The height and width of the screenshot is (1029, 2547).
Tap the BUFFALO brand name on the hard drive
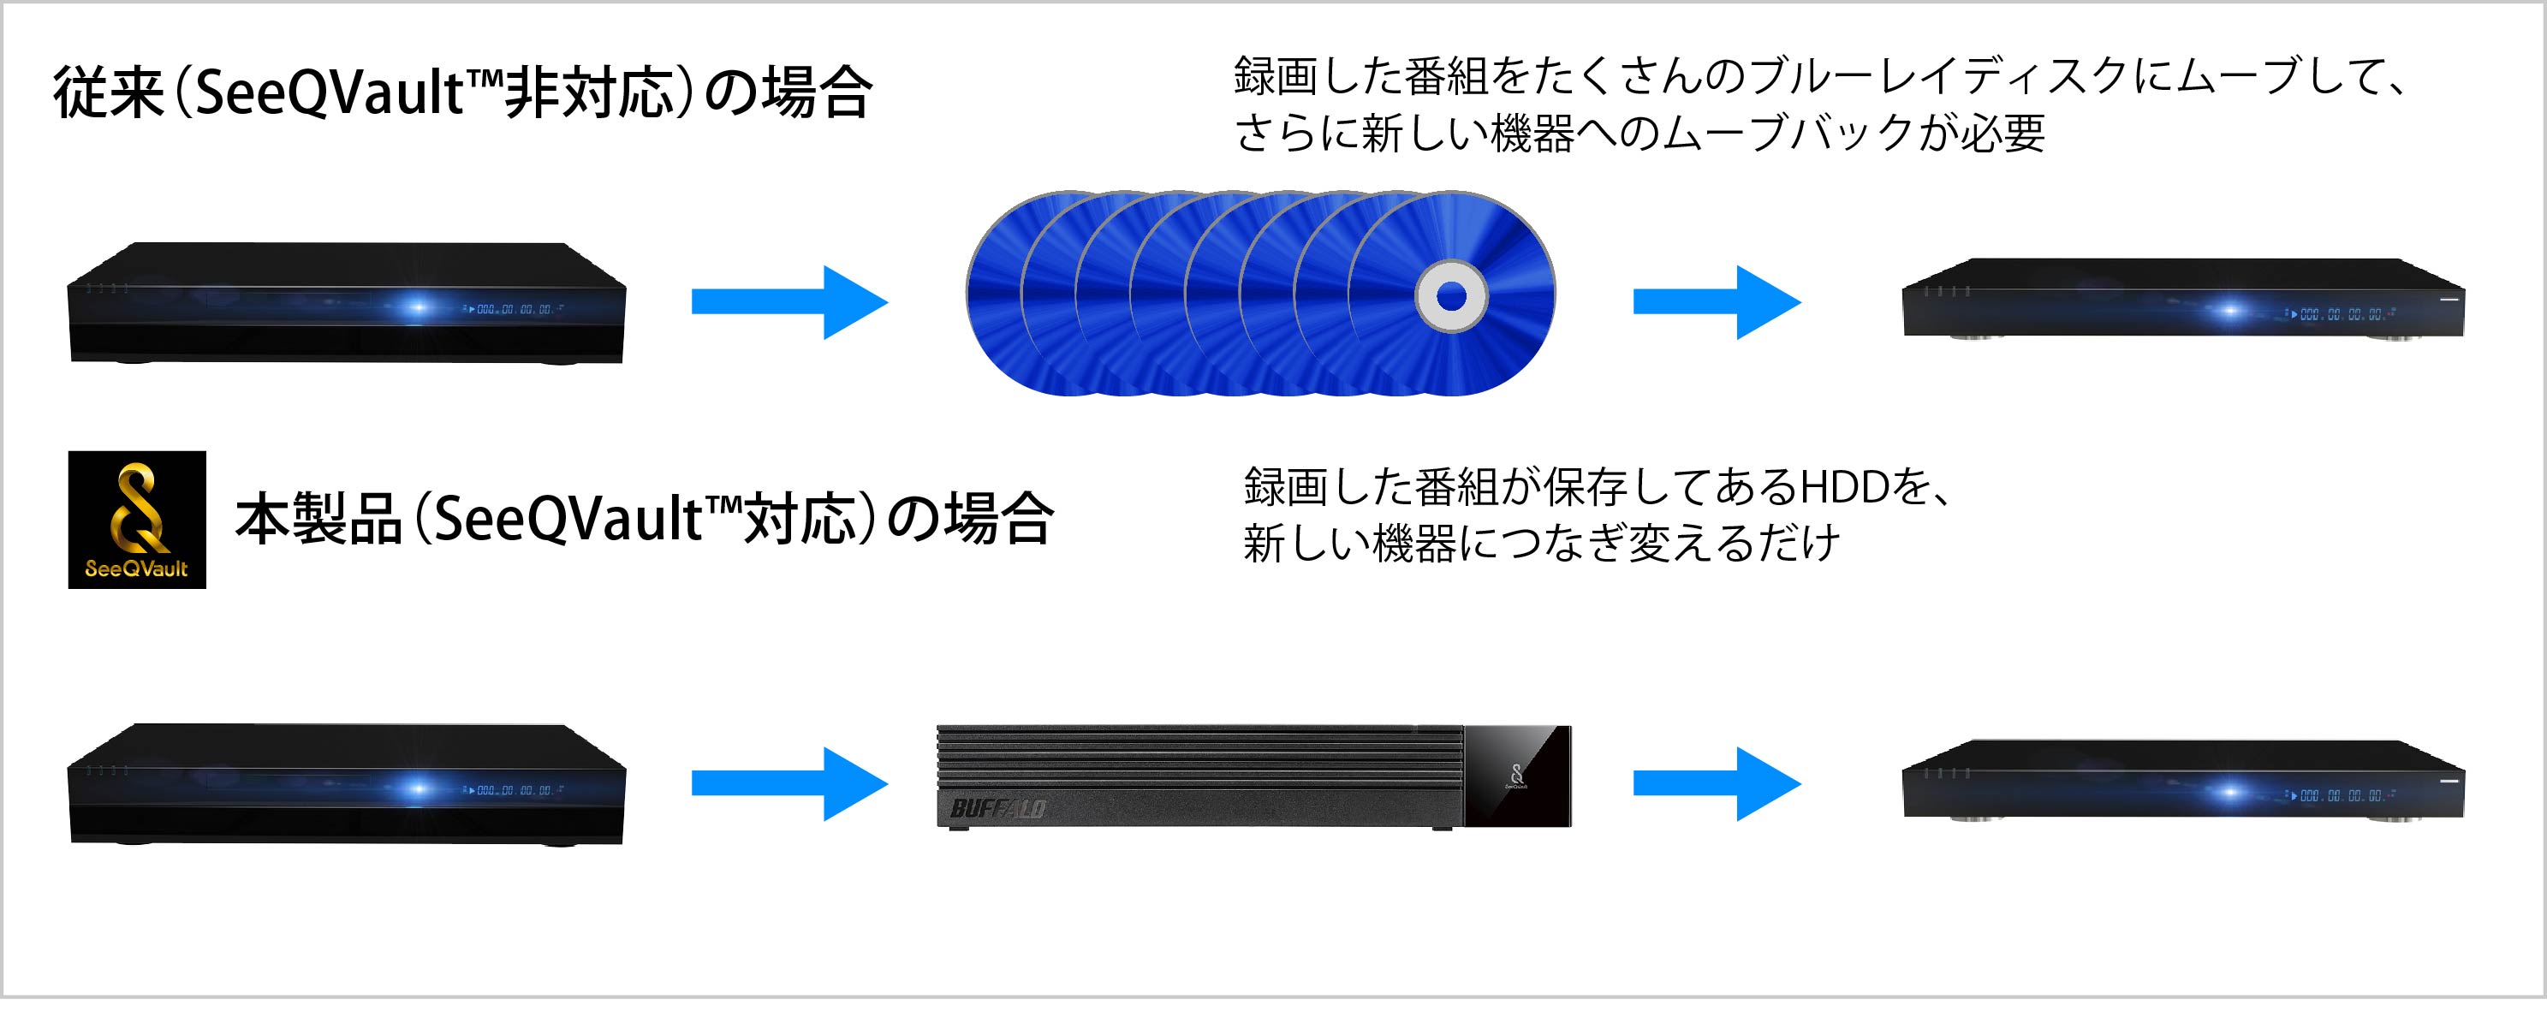997,809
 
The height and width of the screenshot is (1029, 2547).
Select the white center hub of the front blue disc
1450,295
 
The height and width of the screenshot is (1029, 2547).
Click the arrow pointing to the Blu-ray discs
790,301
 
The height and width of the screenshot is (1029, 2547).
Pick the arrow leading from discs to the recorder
1717,301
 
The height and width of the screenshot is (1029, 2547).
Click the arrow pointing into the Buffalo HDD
790,784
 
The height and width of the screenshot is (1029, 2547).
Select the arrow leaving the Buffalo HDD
1717,784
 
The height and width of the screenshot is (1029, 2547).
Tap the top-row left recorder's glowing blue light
417,307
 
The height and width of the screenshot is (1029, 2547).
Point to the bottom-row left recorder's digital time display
516,791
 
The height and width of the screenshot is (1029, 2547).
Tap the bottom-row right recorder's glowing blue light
2229,792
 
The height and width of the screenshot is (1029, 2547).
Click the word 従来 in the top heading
109,93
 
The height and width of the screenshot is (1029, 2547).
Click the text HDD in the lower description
1845,487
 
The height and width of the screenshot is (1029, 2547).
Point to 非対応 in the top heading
589,93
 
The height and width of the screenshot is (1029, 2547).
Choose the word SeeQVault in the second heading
568,519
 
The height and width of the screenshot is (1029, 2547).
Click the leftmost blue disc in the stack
994,294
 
